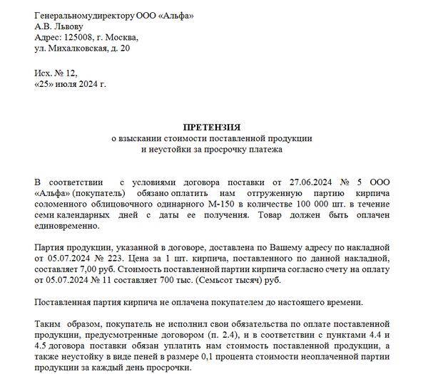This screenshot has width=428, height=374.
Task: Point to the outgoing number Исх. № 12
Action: tap(55, 73)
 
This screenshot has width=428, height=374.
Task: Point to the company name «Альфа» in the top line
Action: tap(172, 15)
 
